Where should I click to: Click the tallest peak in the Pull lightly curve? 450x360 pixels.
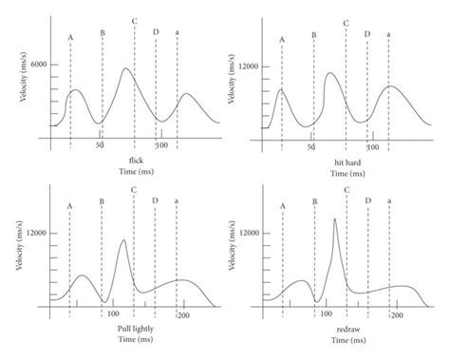click(x=122, y=239)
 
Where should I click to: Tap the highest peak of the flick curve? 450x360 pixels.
click(x=126, y=68)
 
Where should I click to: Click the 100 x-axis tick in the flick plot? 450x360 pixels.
click(x=161, y=145)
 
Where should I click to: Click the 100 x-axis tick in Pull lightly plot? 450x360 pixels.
click(x=113, y=313)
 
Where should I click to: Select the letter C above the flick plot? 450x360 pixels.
click(x=134, y=21)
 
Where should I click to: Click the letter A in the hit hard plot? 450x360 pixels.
click(x=282, y=39)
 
